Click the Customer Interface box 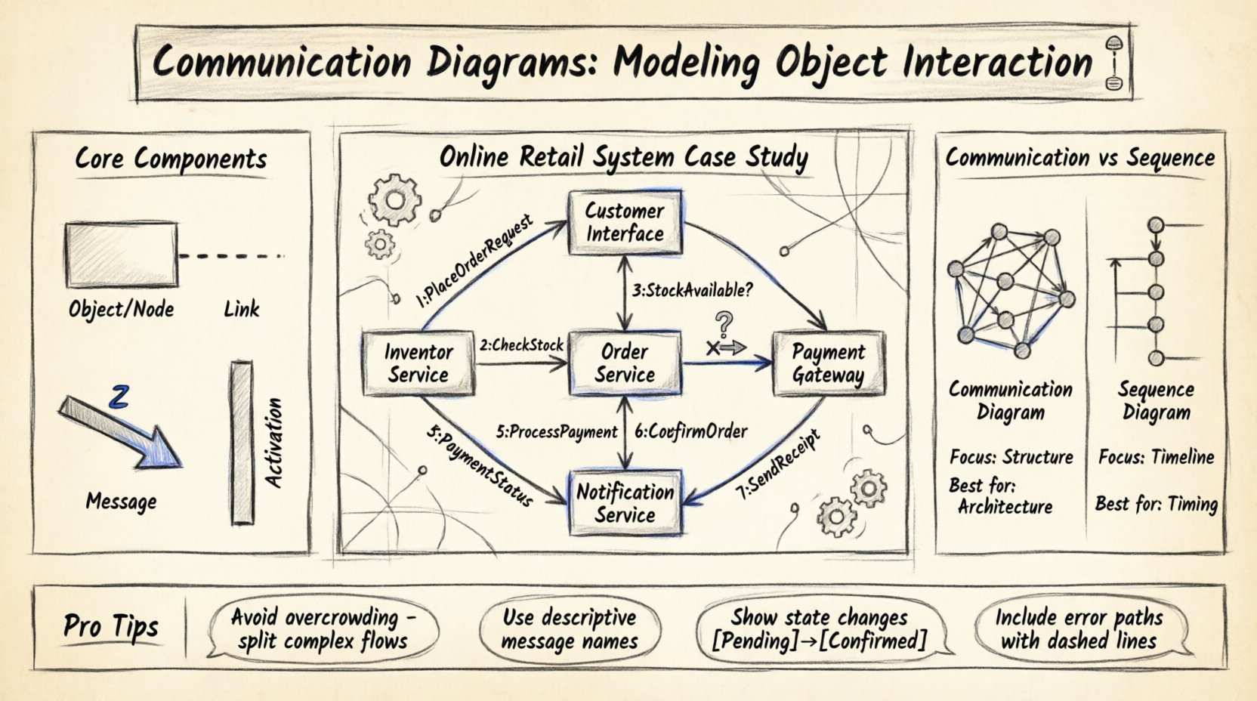click(x=625, y=222)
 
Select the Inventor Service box click(x=418, y=363)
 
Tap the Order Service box click(x=625, y=363)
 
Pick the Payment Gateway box click(x=828, y=363)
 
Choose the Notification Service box click(x=625, y=503)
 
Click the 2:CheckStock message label click(x=521, y=346)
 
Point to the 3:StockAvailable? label click(x=693, y=289)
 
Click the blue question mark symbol click(x=724, y=326)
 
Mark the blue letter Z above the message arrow click(x=119, y=397)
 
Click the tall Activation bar click(x=242, y=443)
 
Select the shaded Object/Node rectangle click(x=122, y=255)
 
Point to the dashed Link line click(x=230, y=256)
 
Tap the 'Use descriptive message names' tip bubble click(x=570, y=629)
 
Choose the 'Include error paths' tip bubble click(x=1079, y=629)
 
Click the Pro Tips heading click(x=111, y=626)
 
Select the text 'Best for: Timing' click(x=1156, y=504)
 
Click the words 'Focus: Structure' click(x=1011, y=457)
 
